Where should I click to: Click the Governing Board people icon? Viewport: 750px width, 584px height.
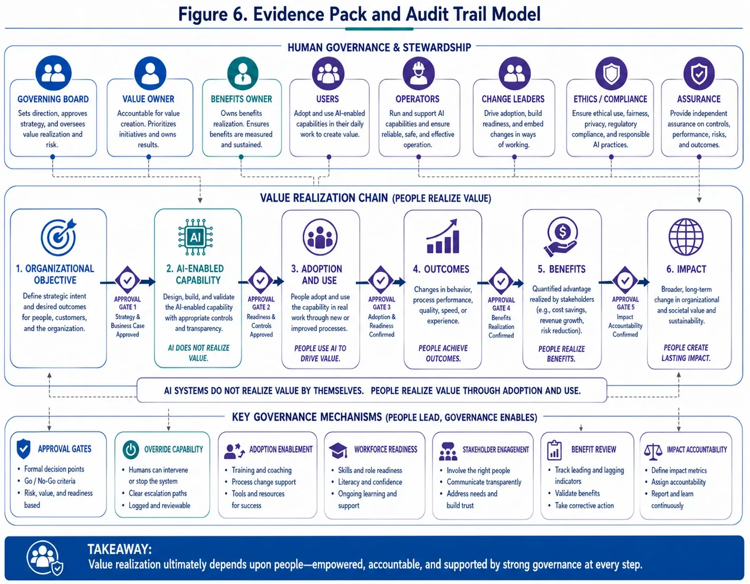click(53, 73)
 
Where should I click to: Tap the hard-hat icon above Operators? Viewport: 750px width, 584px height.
click(419, 73)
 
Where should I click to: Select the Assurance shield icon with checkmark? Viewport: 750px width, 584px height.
click(699, 73)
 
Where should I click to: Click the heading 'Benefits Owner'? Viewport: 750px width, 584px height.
click(241, 99)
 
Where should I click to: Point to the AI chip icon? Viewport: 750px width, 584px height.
click(195, 237)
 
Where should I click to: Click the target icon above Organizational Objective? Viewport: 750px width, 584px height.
click(59, 237)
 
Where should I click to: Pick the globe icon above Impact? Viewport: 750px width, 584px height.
click(686, 237)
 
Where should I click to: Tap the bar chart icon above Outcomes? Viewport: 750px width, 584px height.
click(443, 237)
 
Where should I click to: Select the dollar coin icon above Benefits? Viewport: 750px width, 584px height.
click(562, 237)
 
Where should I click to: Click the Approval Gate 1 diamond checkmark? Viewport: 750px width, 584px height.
click(127, 280)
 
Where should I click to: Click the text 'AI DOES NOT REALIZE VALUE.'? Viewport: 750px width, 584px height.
click(198, 353)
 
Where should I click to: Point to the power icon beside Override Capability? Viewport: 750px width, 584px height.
click(131, 450)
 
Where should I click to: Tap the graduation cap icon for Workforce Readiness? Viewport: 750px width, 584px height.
click(338, 450)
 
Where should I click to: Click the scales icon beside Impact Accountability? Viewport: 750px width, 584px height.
click(653, 451)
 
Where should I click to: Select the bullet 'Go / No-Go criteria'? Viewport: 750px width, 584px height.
click(50, 481)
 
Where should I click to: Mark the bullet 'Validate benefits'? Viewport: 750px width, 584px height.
click(578, 494)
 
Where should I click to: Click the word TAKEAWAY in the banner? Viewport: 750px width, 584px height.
click(119, 549)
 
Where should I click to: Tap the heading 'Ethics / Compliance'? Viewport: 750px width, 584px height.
click(610, 99)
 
